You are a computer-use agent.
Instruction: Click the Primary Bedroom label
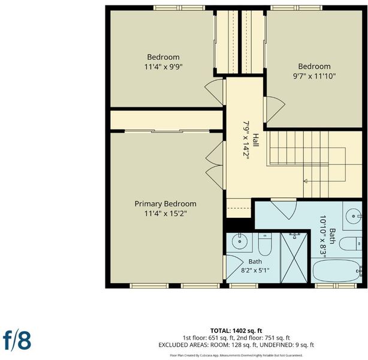click(x=165, y=204)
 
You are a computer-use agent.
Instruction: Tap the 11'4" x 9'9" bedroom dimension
click(x=164, y=67)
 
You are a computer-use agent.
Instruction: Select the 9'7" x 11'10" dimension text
click(x=315, y=76)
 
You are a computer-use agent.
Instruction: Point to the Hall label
click(x=255, y=140)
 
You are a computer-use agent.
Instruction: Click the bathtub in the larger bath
click(x=337, y=271)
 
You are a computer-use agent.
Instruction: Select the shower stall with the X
click(x=294, y=258)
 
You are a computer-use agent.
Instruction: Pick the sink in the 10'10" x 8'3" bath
click(x=353, y=215)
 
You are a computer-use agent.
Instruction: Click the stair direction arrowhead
click(x=306, y=181)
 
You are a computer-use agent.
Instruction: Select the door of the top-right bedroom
click(x=274, y=110)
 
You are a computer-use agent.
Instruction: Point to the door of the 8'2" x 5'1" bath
click(x=233, y=267)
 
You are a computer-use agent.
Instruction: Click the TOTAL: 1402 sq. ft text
click(x=236, y=331)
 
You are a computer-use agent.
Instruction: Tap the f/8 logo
click(x=17, y=340)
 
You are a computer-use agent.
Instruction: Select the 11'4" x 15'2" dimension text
click(x=165, y=214)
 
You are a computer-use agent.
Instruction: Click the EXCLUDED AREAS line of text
click(x=236, y=345)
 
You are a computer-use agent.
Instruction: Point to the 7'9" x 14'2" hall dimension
click(x=246, y=140)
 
